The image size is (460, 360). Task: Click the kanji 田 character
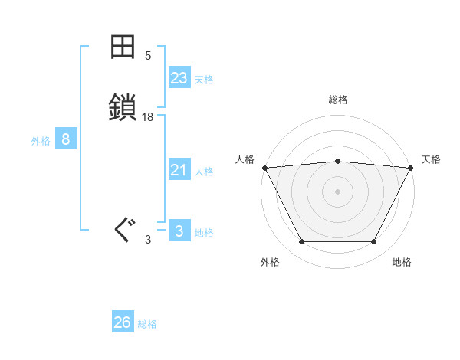pyautogui.click(x=123, y=47)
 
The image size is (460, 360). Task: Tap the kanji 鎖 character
pyautogui.click(x=123, y=106)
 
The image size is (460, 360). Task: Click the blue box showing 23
pyautogui.click(x=179, y=78)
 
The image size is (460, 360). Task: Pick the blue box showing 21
pyautogui.click(x=179, y=170)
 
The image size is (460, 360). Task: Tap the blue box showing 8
pyautogui.click(x=66, y=139)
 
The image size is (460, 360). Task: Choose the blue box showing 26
pyautogui.click(x=123, y=322)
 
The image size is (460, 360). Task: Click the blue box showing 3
pyautogui.click(x=179, y=231)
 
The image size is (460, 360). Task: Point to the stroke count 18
pyautogui.click(x=148, y=117)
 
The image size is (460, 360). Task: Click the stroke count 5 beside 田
pyautogui.click(x=148, y=56)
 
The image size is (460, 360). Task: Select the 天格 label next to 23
pyautogui.click(x=204, y=80)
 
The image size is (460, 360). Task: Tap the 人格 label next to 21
pyautogui.click(x=204, y=172)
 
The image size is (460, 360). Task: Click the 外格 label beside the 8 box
pyautogui.click(x=41, y=141)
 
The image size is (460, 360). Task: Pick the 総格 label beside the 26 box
pyautogui.click(x=147, y=324)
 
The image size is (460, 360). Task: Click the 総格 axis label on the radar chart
pyautogui.click(x=337, y=100)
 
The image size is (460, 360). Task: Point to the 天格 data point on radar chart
pyautogui.click(x=411, y=167)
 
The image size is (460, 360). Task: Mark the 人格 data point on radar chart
pyautogui.click(x=264, y=167)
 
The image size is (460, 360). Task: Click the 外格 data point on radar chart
pyautogui.click(x=301, y=241)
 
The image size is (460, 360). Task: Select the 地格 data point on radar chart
pyautogui.click(x=374, y=241)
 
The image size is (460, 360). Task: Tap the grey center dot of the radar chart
pyautogui.click(x=337, y=191)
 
